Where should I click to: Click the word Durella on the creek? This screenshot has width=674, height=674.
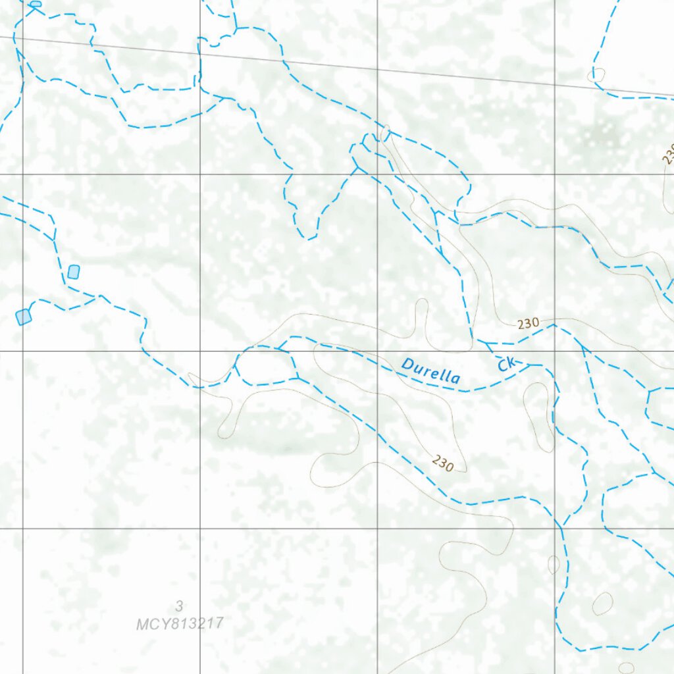[431, 371]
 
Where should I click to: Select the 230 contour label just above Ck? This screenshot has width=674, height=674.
[528, 323]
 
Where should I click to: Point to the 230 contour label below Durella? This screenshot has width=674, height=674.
[443, 463]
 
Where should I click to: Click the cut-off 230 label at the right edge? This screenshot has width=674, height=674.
[669, 154]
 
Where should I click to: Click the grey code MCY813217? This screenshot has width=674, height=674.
[180, 623]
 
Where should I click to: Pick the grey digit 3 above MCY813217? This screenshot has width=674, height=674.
[179, 606]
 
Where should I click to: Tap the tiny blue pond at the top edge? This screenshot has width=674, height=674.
[36, 4]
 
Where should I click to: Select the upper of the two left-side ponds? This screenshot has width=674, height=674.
[74, 271]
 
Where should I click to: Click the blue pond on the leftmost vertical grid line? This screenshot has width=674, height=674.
[24, 317]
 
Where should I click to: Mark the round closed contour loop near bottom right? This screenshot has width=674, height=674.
[602, 603]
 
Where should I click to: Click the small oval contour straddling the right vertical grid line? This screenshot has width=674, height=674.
[554, 564]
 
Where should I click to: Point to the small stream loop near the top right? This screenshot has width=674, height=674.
[596, 74]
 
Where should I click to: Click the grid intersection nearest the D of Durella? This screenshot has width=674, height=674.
[377, 351]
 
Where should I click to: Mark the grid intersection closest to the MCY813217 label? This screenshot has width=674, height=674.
[200, 528]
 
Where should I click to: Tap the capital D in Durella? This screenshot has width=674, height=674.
[407, 364]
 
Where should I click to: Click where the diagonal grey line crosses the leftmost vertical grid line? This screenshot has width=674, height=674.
[23, 39]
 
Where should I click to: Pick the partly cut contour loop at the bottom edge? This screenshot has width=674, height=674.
[626, 668]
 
